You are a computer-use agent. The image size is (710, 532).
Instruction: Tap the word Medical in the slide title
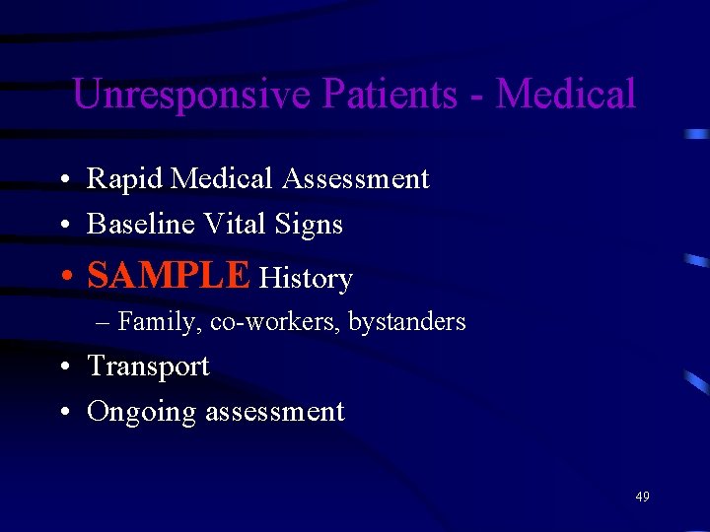pyautogui.click(x=566, y=95)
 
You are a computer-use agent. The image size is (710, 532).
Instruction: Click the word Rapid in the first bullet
pyautogui.click(x=124, y=179)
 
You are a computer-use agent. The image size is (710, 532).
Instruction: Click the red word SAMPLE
pyautogui.click(x=169, y=276)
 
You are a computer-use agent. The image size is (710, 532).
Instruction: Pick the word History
pyautogui.click(x=306, y=280)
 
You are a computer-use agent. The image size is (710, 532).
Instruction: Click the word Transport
pyautogui.click(x=148, y=366)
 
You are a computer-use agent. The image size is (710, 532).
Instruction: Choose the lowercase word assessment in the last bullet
pyautogui.click(x=274, y=412)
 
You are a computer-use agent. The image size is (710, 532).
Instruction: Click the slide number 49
pyautogui.click(x=642, y=497)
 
